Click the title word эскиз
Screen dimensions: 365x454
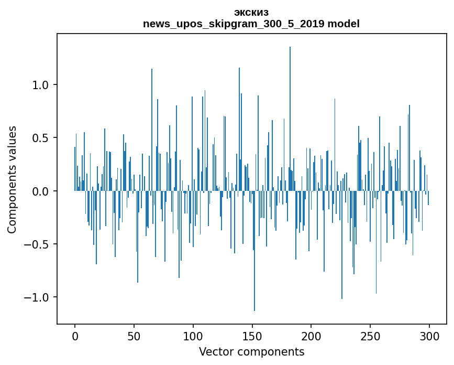(251, 13)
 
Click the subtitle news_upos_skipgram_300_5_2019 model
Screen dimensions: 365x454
(251, 24)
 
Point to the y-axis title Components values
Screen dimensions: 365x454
(12, 179)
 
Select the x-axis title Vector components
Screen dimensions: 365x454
(251, 352)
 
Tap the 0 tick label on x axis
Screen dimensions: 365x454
(75, 336)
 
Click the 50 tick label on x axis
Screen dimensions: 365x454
(134, 336)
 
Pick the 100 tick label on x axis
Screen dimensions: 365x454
(193, 336)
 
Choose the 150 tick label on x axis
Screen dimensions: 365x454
(252, 336)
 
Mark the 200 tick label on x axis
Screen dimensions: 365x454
(311, 336)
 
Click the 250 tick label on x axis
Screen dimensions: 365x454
(370, 336)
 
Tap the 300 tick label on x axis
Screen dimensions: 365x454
(429, 336)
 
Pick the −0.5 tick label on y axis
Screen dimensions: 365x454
(37, 244)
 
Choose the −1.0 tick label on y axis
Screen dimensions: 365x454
(37, 298)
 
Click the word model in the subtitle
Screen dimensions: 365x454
(345, 24)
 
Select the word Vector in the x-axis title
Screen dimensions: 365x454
(215, 352)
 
